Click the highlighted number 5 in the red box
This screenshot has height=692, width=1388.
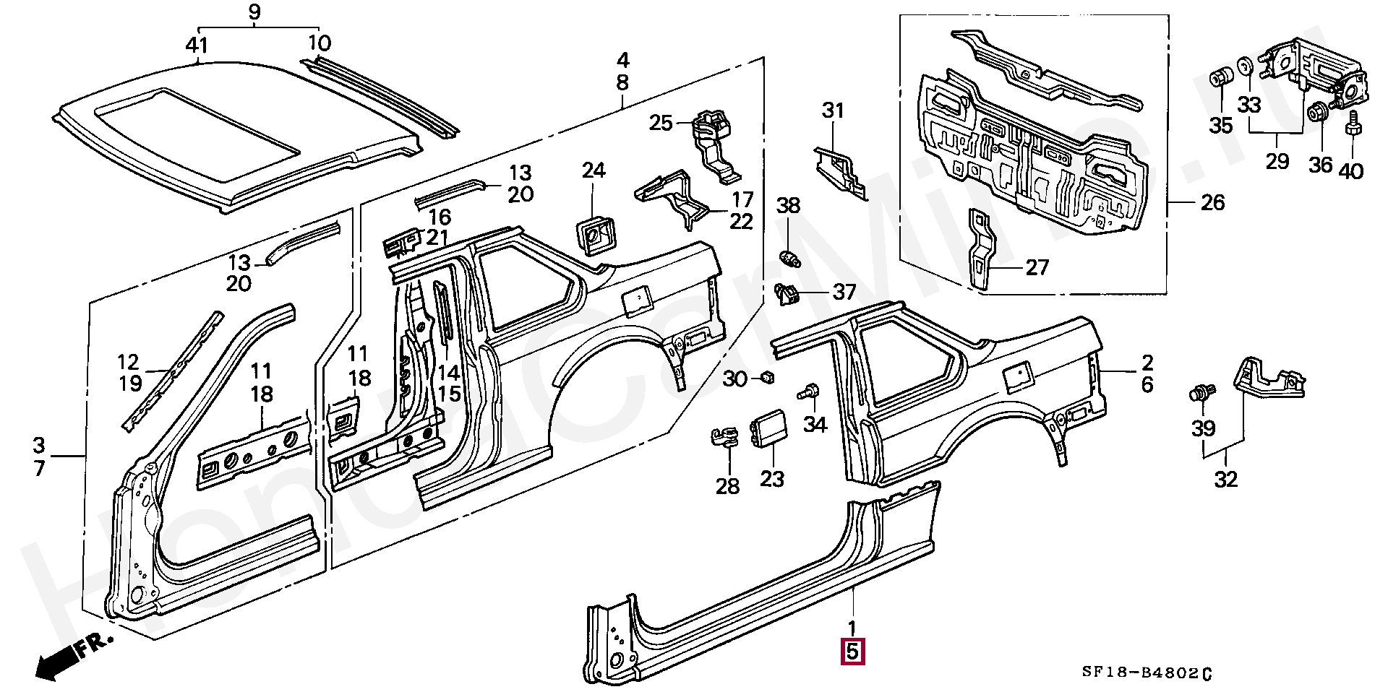click(852, 652)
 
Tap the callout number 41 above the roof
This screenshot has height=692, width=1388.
click(197, 46)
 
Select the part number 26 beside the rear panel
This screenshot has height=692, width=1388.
click(1212, 203)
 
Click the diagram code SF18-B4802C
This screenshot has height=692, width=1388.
click(1147, 672)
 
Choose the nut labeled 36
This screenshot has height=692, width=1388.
click(1318, 113)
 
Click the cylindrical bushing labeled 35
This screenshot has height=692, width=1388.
click(1221, 77)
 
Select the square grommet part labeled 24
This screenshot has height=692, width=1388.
click(594, 233)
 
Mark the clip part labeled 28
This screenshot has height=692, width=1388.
click(724, 438)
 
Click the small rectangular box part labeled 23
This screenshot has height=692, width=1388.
click(771, 431)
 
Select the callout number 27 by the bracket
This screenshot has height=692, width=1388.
click(1037, 268)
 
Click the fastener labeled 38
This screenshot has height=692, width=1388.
click(789, 257)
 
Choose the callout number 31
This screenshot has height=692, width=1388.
click(833, 111)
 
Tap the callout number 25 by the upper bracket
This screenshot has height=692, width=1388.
click(661, 123)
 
